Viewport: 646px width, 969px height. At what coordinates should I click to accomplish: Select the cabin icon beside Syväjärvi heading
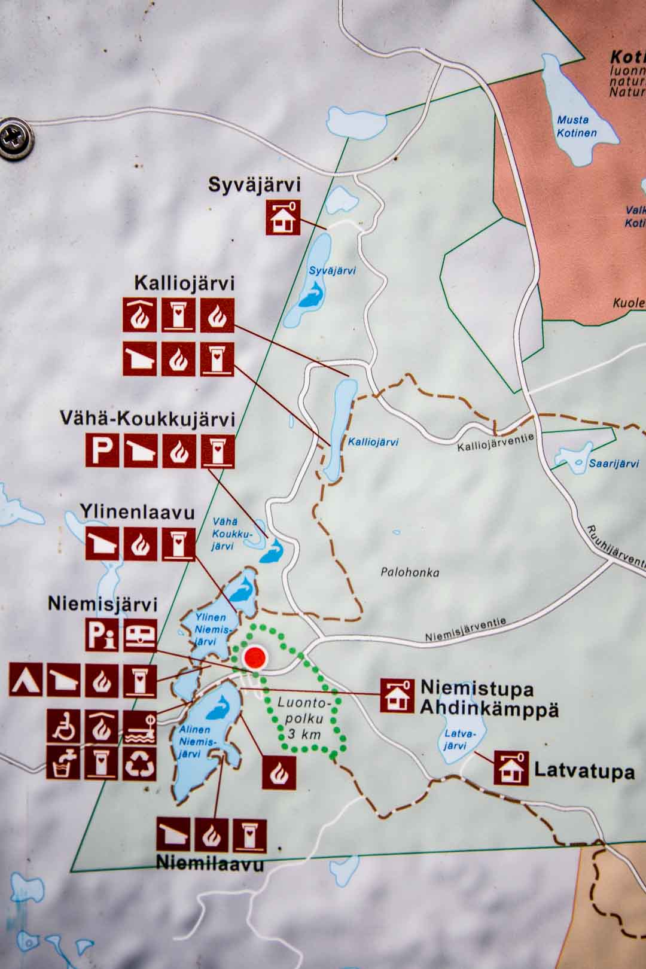(283, 217)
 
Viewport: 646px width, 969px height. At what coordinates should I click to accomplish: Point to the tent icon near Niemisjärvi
(26, 680)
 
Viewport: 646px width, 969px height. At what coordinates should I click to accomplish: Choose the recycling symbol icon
(140, 763)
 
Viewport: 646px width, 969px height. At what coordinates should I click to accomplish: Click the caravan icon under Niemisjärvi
(140, 635)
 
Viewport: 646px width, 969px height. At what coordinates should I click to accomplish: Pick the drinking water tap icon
(63, 763)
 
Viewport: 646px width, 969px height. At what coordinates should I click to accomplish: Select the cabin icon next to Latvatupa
(511, 769)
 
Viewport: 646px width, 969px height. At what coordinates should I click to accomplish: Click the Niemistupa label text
(477, 688)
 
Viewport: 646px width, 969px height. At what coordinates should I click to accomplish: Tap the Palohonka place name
(410, 572)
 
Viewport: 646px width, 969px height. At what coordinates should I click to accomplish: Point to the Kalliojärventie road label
(495, 443)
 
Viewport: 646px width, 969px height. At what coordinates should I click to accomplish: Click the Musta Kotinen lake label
(577, 126)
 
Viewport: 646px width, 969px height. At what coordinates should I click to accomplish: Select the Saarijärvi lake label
(614, 464)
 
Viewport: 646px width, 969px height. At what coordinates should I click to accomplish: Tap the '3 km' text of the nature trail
(304, 734)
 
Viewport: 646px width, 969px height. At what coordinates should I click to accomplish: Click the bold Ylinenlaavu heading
(138, 513)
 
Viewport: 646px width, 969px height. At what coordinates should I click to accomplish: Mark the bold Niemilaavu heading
(210, 864)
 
